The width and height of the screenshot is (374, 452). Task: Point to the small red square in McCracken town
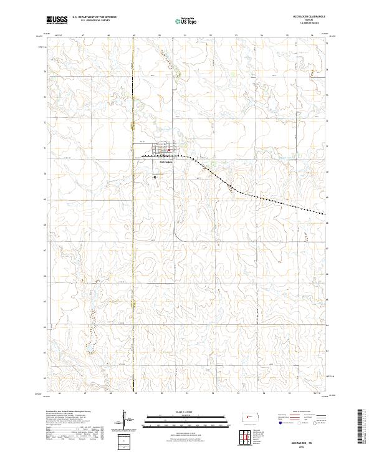[x=169, y=150]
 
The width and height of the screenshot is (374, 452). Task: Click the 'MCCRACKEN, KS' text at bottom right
[x=310, y=439]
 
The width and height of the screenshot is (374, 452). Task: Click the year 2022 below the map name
[x=310, y=445]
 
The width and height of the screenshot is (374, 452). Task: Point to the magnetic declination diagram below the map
[x=124, y=418]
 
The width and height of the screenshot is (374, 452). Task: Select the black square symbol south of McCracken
[x=155, y=178]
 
